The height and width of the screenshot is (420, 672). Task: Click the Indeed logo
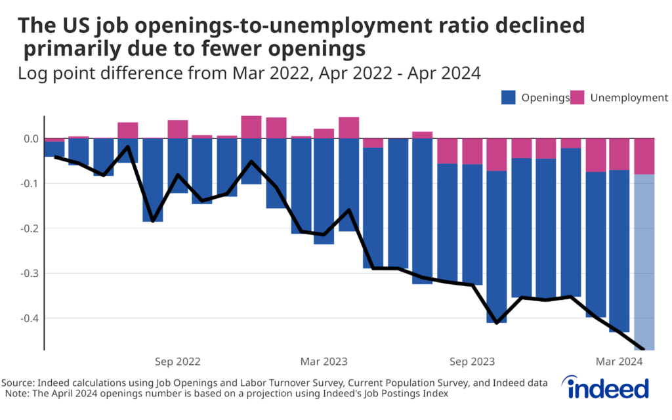click(x=608, y=388)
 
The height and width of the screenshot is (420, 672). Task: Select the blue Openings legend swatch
click(x=509, y=98)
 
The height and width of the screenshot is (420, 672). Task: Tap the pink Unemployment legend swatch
click(x=577, y=98)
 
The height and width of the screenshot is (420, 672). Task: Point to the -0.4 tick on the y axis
click(x=30, y=318)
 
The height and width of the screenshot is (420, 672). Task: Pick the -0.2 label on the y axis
click(x=30, y=228)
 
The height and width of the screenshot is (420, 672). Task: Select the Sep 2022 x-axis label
click(x=177, y=362)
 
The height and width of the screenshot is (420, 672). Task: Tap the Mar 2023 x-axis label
click(x=324, y=362)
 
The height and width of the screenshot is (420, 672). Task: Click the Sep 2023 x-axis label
click(x=472, y=362)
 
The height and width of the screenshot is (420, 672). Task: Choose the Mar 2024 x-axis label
click(x=619, y=362)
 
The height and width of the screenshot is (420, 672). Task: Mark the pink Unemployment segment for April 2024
click(x=644, y=156)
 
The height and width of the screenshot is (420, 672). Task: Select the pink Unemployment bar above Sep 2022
click(x=177, y=129)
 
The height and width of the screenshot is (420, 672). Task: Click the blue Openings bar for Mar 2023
click(x=324, y=191)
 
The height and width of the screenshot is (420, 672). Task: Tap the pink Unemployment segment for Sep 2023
click(x=472, y=152)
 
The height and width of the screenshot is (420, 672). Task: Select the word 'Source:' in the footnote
click(x=18, y=383)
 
